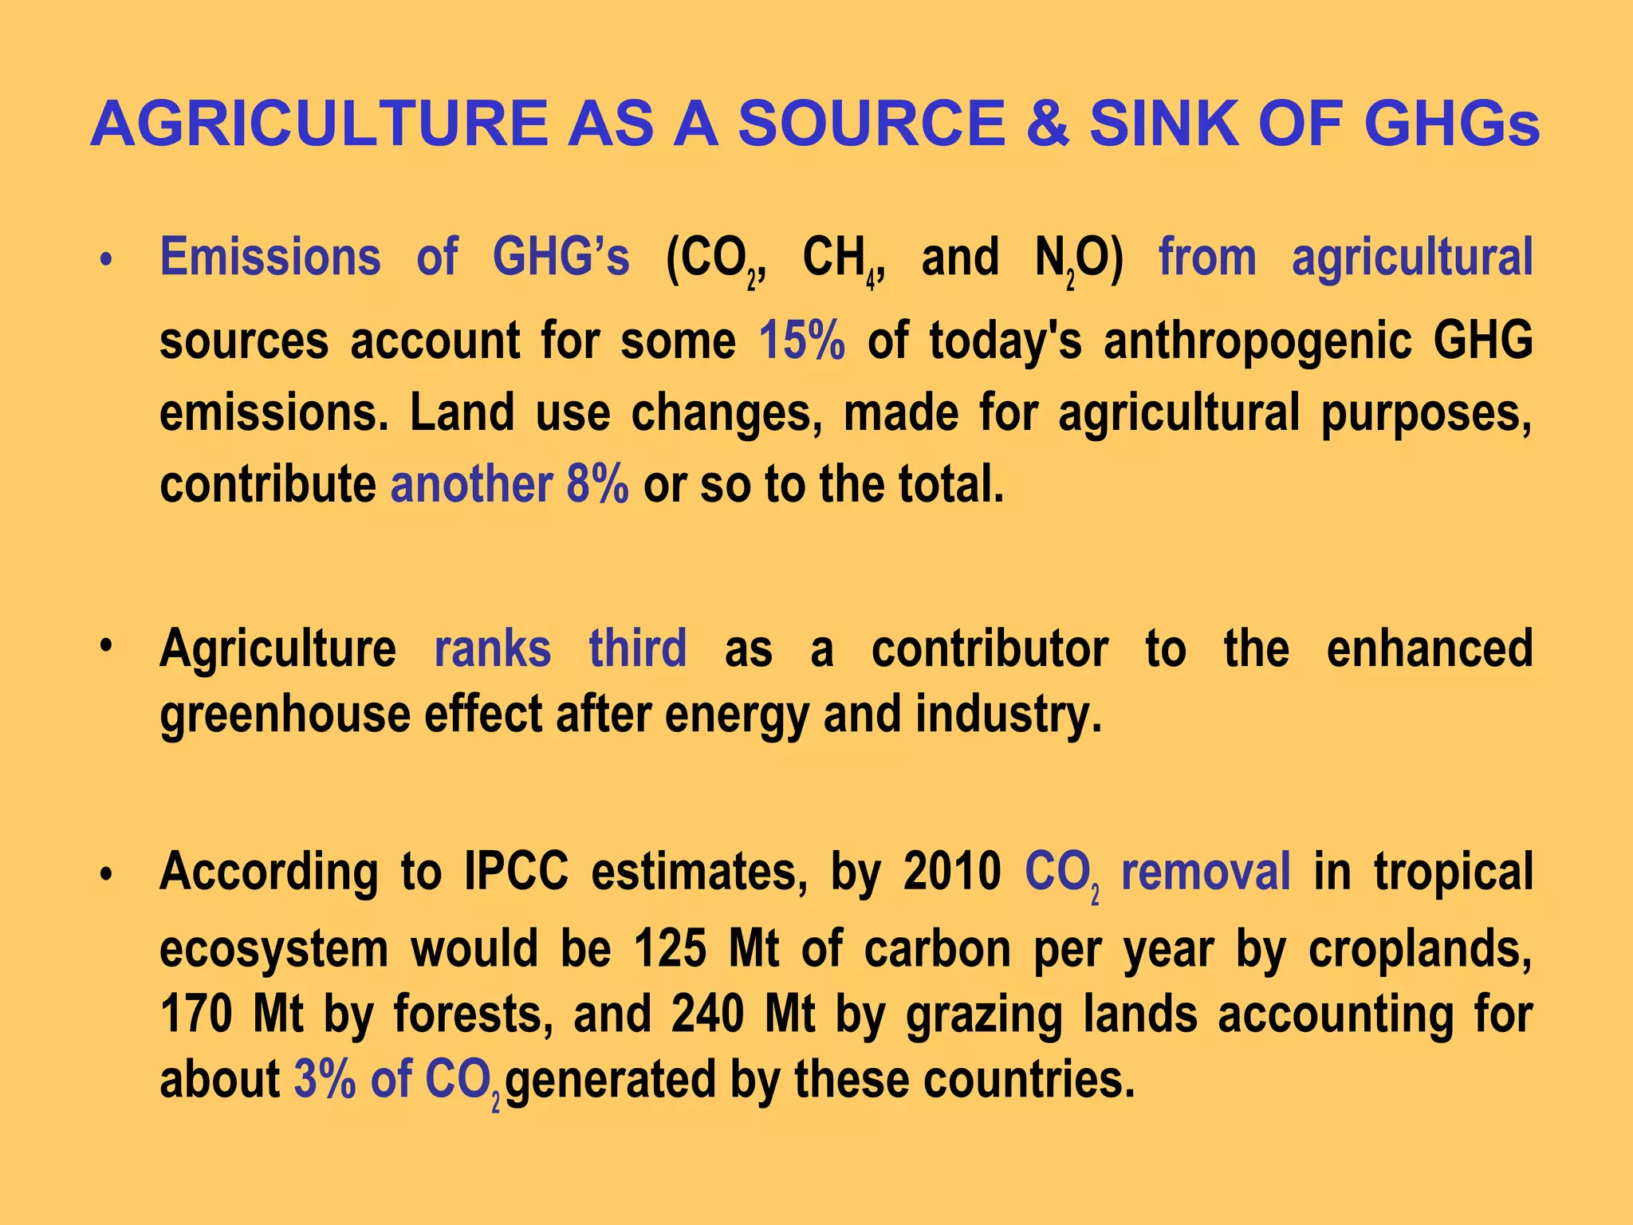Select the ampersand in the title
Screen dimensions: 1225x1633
(x=1047, y=124)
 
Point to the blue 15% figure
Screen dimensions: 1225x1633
(x=801, y=341)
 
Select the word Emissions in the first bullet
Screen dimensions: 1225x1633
(x=270, y=258)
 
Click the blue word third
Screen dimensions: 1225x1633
(x=637, y=648)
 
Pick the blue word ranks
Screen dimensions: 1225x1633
(x=492, y=648)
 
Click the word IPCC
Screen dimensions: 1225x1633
(x=516, y=871)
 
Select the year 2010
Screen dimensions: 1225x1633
(x=952, y=871)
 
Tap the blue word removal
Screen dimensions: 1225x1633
(x=1206, y=871)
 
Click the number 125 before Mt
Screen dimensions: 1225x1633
(x=670, y=949)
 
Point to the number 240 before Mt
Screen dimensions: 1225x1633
(x=707, y=1014)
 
